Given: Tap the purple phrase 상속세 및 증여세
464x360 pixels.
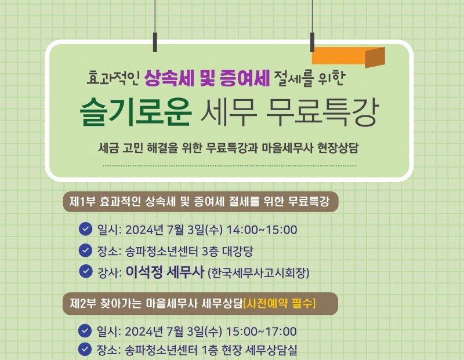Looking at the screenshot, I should click(x=207, y=78).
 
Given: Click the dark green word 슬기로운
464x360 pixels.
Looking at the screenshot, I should click(x=136, y=112).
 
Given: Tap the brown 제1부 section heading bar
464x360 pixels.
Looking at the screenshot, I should click(x=200, y=202).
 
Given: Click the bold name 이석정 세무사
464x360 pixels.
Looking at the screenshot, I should click(x=164, y=272).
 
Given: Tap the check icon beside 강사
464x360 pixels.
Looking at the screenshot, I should click(x=86, y=271).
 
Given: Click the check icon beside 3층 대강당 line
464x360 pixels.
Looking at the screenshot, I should click(x=86, y=250).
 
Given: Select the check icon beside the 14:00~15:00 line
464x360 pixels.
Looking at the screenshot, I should click(x=86, y=229).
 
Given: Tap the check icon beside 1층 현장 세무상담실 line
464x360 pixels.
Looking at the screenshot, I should click(x=86, y=350).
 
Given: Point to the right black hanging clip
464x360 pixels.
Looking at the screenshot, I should click(x=312, y=41).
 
